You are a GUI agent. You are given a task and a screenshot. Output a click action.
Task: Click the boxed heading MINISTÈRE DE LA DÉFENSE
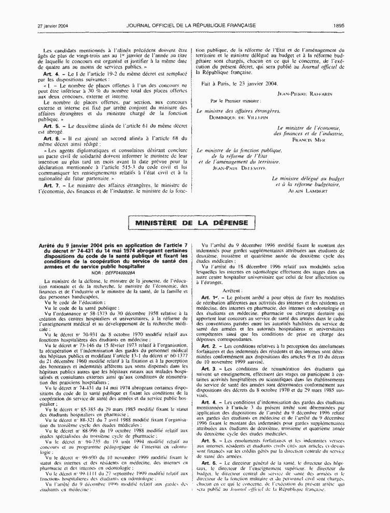click(192, 224)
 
